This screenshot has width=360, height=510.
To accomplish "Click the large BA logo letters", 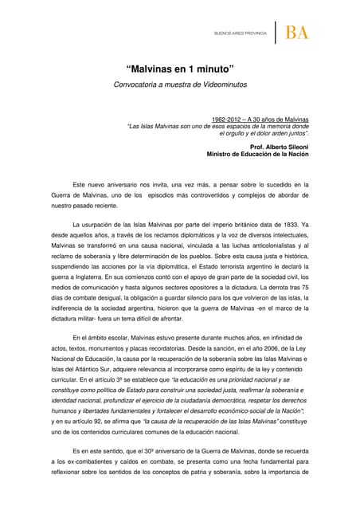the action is [297, 33].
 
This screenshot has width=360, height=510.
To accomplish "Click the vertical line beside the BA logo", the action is [276, 33].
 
